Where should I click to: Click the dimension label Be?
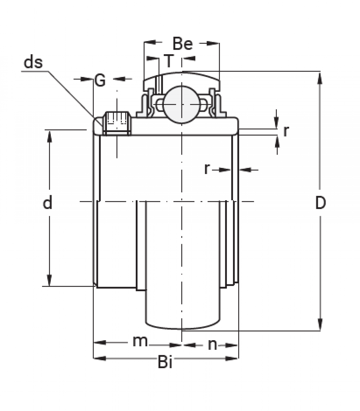[x=183, y=44]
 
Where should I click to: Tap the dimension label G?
[x=100, y=81]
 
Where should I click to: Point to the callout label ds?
[x=33, y=63]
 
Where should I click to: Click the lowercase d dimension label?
[x=47, y=204]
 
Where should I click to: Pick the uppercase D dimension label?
[x=320, y=203]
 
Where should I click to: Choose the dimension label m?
[x=140, y=341]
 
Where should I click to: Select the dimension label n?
[x=212, y=345]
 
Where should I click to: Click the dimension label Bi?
[x=165, y=362]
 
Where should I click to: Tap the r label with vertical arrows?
[x=286, y=132]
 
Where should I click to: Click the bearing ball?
[x=182, y=104]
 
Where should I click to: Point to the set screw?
[x=117, y=123]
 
